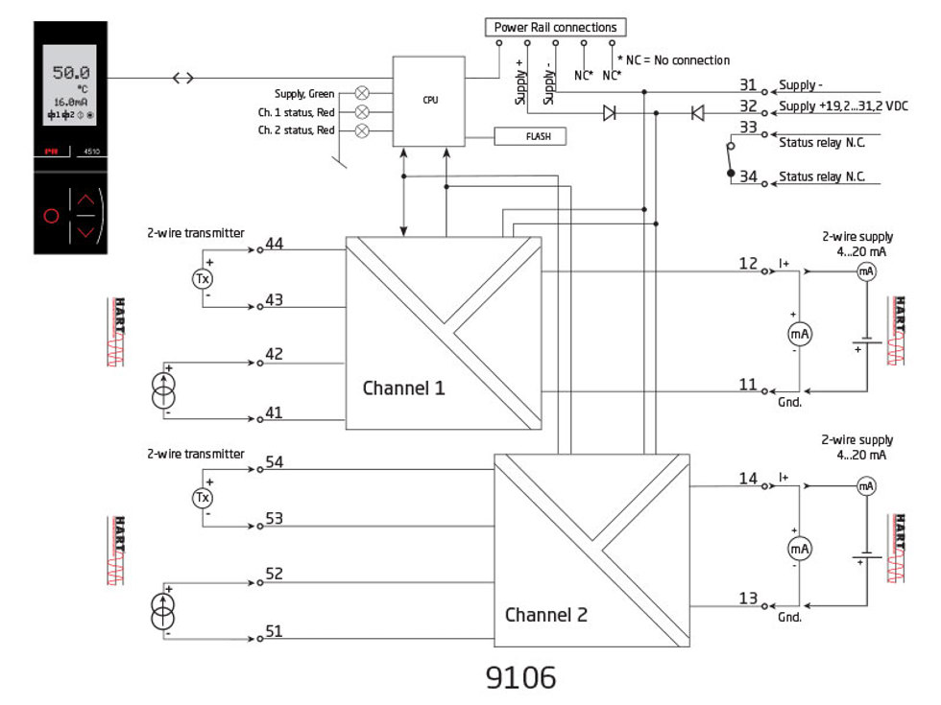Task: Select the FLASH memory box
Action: click(x=529, y=136)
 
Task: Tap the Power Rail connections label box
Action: click(x=555, y=27)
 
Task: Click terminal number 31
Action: click(x=749, y=84)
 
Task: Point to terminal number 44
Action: click(x=275, y=245)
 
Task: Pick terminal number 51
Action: click(x=275, y=631)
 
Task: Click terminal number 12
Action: click(x=749, y=264)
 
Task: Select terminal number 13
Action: click(x=749, y=599)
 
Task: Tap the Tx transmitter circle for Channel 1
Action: click(x=203, y=278)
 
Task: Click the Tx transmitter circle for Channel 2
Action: click(x=203, y=498)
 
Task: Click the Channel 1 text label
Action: click(x=403, y=388)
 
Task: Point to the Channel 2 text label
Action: click(x=545, y=615)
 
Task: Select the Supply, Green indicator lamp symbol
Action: click(x=362, y=93)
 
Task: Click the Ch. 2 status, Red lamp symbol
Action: click(x=362, y=131)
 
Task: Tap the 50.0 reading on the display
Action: click(x=71, y=73)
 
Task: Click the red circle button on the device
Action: click(x=52, y=216)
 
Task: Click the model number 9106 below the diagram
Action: click(x=519, y=677)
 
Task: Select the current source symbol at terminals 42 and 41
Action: click(x=164, y=390)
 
